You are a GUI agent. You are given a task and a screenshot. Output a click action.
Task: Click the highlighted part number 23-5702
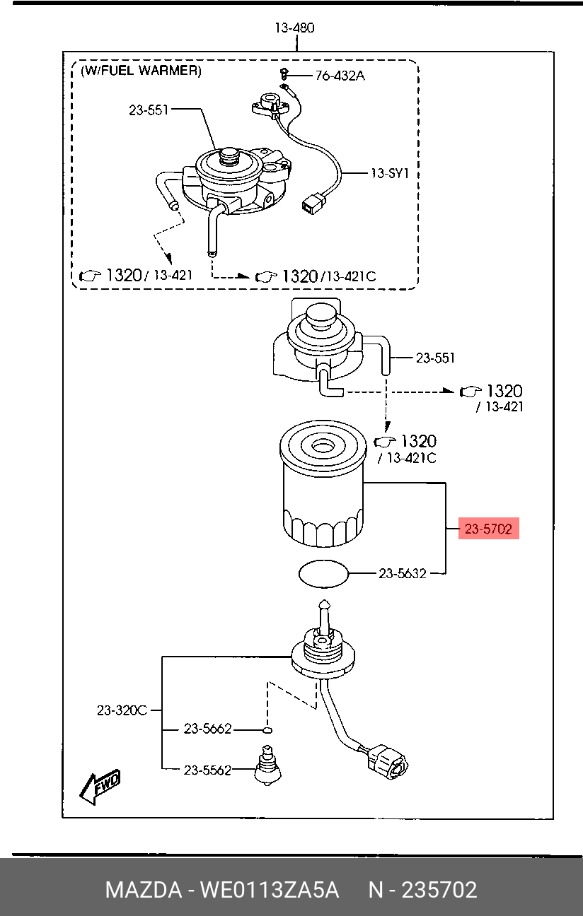click(488, 528)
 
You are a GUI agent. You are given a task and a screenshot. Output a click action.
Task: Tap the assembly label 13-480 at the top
click(294, 28)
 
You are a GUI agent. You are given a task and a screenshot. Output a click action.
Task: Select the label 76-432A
click(340, 76)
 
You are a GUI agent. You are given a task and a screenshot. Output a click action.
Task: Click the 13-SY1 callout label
click(390, 172)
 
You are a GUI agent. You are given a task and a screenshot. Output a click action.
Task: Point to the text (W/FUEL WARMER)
click(141, 71)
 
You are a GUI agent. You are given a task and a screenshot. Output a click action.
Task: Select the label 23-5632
click(402, 574)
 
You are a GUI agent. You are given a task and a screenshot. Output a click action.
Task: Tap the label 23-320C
click(122, 710)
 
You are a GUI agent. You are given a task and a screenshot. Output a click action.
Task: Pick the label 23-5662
click(207, 728)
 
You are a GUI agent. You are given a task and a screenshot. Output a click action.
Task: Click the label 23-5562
click(207, 770)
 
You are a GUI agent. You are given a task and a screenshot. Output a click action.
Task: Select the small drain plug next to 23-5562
click(267, 766)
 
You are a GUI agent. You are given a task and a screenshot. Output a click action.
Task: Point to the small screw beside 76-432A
click(282, 74)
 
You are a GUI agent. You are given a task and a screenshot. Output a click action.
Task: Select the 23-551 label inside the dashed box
click(149, 110)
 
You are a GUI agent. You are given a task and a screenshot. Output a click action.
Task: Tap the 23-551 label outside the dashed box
click(435, 358)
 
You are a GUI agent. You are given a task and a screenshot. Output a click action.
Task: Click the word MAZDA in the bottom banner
click(144, 890)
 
